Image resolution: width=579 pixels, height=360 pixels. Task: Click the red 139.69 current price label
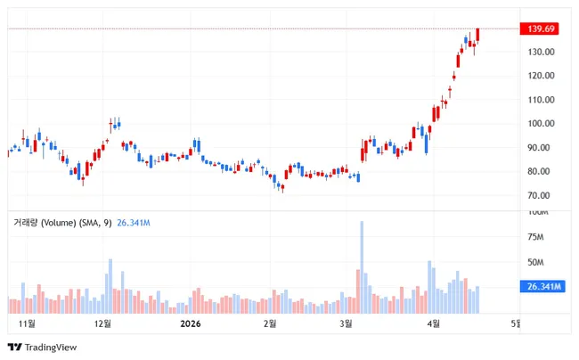coord(542,29)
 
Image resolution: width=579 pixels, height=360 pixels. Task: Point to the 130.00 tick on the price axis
coord(541,53)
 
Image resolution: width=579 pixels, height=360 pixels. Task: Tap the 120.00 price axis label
coord(541,76)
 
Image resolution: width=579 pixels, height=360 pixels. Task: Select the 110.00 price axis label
coord(541,100)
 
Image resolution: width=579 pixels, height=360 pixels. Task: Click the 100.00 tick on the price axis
coord(541,124)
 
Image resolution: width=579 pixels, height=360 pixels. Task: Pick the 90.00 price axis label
coord(539,148)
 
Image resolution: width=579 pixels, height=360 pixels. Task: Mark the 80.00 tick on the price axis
coord(539,172)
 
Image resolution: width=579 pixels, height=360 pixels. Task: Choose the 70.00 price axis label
coord(539,196)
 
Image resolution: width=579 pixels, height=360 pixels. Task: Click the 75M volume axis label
coord(536,237)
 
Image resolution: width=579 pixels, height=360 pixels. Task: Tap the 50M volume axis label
coord(536,263)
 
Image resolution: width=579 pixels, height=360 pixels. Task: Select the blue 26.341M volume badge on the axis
coord(542,287)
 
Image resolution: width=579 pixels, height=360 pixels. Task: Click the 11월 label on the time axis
coord(27,323)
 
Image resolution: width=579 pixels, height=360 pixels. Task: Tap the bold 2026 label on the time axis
coord(191,323)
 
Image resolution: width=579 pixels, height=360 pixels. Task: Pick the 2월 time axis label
coord(269,323)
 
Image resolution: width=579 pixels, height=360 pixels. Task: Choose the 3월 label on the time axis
coord(347,323)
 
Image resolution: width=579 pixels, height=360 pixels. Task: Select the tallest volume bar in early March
coord(362,267)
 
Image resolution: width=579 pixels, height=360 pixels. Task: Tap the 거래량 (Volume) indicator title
coord(59,222)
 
